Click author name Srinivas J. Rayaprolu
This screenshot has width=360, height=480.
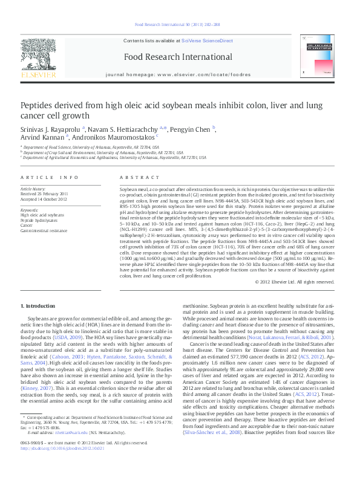pyautogui.click(x=51, y=129)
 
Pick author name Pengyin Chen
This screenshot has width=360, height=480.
pyautogui.click(x=190, y=129)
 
